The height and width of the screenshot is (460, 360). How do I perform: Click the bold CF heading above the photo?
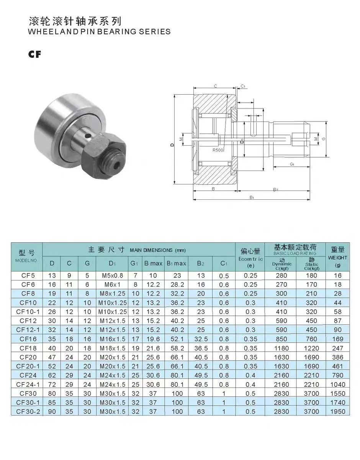click(x=34, y=54)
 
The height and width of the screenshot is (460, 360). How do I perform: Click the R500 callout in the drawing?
click(x=218, y=150)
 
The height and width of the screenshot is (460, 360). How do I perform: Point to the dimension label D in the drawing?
click(x=173, y=145)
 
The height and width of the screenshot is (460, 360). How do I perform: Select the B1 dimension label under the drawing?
click(x=252, y=197)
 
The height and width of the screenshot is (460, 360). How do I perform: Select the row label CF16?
click(x=27, y=339)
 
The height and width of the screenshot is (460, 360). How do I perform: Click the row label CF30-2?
click(x=27, y=411)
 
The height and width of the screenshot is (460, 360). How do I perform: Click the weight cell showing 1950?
click(x=337, y=411)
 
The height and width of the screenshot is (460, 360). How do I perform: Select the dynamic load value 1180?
click(x=281, y=348)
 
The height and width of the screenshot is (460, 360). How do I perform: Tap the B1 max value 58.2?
click(x=177, y=348)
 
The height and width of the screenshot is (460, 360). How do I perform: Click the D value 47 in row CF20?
click(x=52, y=357)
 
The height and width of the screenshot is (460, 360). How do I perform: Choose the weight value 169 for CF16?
click(x=337, y=339)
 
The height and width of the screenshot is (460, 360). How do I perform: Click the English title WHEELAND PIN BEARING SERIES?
click(x=100, y=31)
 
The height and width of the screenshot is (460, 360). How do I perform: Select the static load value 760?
click(x=311, y=339)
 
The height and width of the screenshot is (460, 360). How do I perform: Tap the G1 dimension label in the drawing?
click(x=291, y=164)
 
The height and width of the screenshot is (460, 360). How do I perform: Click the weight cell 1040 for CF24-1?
click(x=337, y=384)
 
